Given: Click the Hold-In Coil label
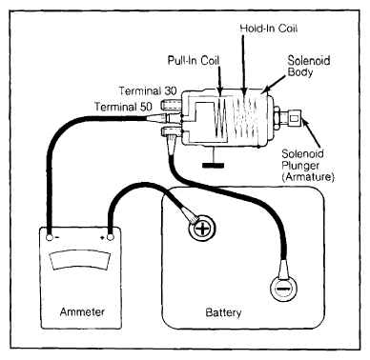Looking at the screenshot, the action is [x=269, y=29].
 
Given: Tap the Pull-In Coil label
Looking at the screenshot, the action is [x=194, y=60].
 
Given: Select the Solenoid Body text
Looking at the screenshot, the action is [x=309, y=66].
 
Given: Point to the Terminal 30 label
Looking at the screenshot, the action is [x=148, y=90].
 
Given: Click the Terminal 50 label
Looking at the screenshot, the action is [x=123, y=107].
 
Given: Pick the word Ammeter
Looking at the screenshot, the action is [x=82, y=311].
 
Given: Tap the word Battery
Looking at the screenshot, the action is [x=223, y=312].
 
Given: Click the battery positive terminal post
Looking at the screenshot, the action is [x=202, y=228].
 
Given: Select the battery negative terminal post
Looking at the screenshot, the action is [x=284, y=289].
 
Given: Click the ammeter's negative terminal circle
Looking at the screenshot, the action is [x=50, y=237].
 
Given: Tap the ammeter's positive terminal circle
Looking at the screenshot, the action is [x=111, y=237].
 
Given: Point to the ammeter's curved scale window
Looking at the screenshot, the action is [x=80, y=260].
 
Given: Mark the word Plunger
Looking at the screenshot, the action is [x=300, y=166].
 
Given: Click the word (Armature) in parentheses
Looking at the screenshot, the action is [x=308, y=177].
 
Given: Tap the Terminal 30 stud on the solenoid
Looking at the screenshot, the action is [x=171, y=105].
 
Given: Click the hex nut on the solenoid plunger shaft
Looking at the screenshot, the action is [x=277, y=118].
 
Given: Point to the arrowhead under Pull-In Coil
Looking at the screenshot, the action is [x=220, y=90].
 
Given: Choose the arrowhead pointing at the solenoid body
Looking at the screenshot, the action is [x=265, y=90].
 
